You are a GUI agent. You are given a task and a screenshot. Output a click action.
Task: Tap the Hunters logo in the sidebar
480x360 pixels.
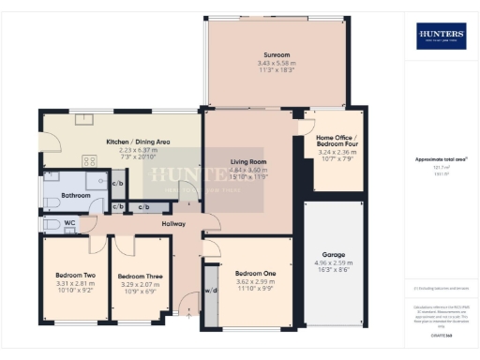(x=441, y=37)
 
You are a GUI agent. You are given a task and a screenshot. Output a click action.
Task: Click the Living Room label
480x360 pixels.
(x=248, y=161)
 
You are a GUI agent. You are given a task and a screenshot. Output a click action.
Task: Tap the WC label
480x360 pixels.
(x=70, y=223)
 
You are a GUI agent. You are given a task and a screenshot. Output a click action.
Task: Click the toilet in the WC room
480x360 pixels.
(x=50, y=224)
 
